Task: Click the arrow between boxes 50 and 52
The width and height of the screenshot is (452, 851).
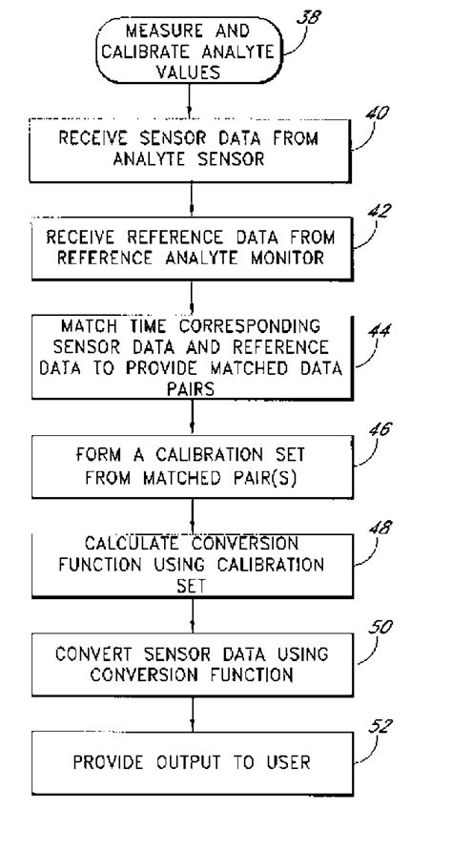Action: pos(192,716)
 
